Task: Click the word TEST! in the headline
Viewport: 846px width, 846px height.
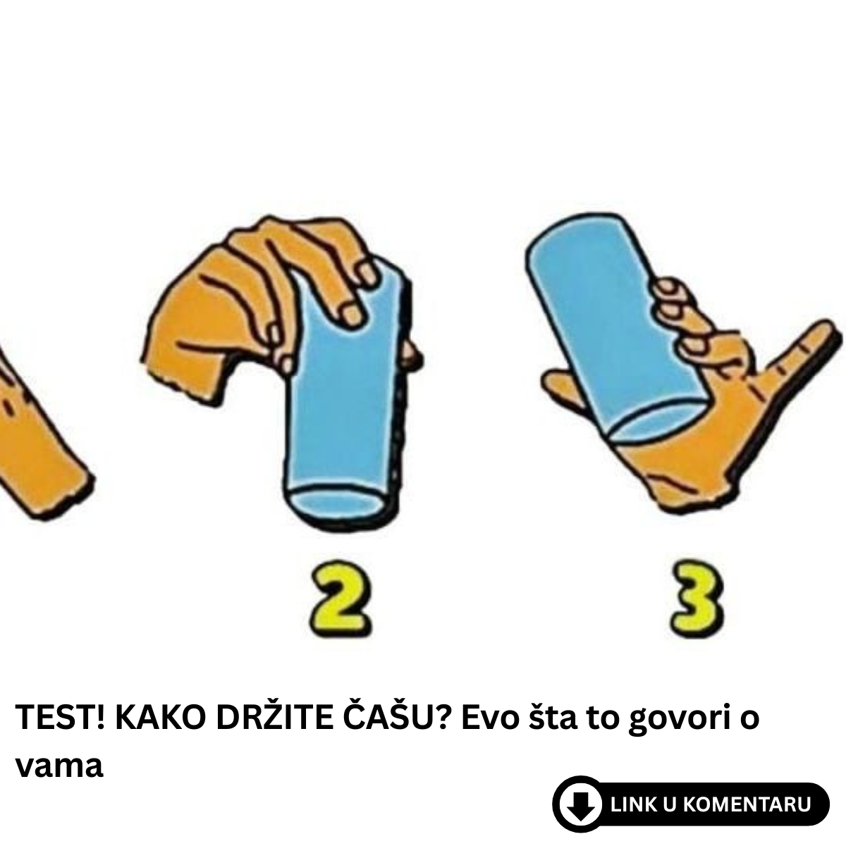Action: pos(61,717)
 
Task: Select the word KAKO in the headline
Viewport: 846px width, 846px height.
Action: pos(160,717)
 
